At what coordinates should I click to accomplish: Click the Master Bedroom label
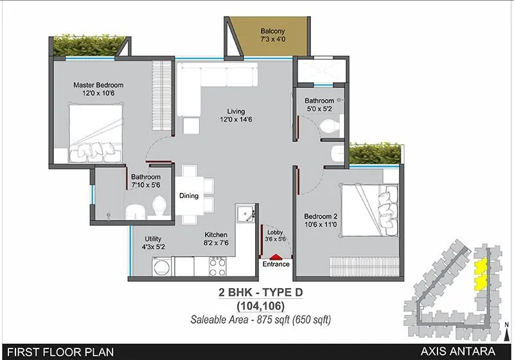click(x=98, y=85)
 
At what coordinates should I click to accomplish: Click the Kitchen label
click(x=216, y=235)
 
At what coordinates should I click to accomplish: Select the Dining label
click(x=189, y=196)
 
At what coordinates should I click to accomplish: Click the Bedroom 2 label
click(x=320, y=217)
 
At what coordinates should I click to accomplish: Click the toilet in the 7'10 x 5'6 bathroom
click(x=159, y=207)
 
